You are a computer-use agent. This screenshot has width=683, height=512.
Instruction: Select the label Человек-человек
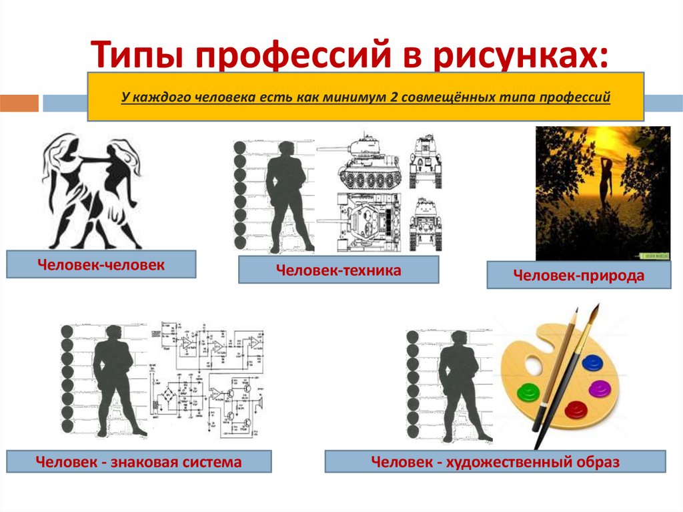101,264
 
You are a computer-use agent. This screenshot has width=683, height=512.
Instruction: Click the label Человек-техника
338,270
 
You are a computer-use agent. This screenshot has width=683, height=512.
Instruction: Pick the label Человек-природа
578,275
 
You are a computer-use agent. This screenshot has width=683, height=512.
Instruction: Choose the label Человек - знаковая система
139,461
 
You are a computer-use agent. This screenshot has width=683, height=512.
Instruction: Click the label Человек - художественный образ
495,461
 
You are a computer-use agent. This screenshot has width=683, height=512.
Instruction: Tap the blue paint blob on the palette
592,363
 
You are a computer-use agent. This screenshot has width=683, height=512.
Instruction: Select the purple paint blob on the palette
599,387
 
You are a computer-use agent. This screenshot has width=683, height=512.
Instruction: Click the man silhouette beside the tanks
286,197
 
